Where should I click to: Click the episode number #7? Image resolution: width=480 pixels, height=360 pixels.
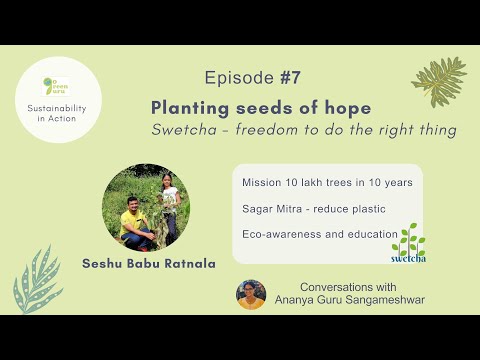(290, 78)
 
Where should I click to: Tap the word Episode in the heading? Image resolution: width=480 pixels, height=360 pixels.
(237, 78)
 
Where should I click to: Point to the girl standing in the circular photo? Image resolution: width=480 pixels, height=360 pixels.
(168, 205)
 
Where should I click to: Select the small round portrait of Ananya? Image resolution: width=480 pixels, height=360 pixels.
(251, 295)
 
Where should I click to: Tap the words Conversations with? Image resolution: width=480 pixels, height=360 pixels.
(340, 288)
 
